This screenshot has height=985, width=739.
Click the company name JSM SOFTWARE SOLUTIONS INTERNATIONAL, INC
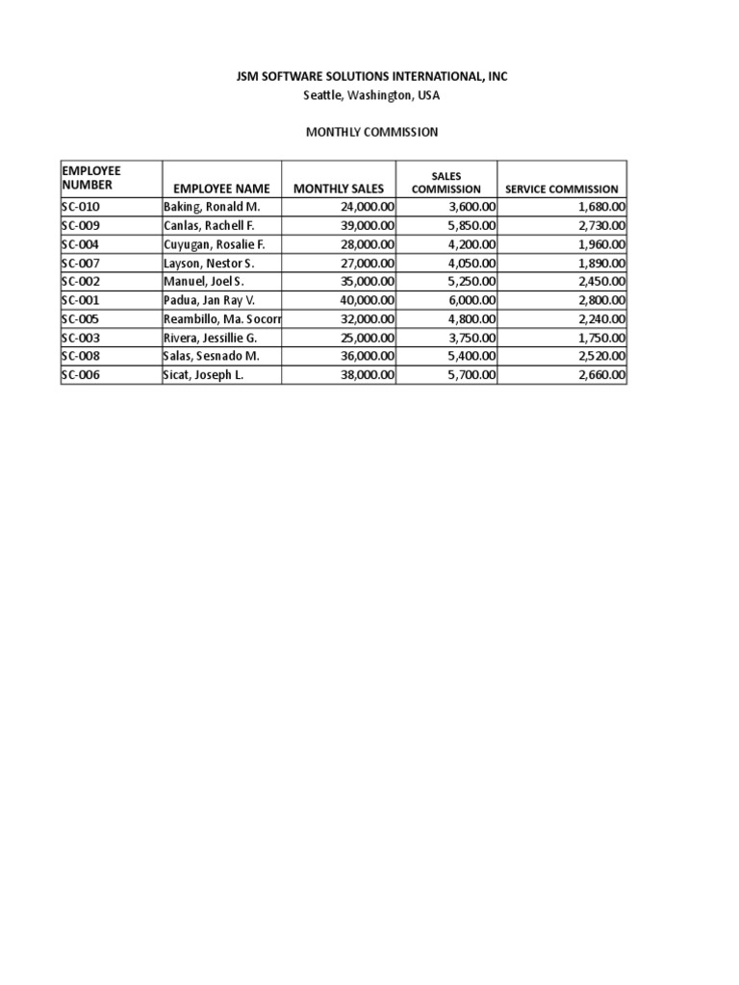pos(370,77)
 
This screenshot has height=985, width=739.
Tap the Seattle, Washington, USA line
pos(370,95)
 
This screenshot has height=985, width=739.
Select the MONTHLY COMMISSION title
pos(370,132)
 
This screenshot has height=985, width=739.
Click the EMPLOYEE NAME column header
pos(222,189)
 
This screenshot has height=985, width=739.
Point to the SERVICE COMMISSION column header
pos(562,189)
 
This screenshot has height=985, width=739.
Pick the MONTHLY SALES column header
pos(338,189)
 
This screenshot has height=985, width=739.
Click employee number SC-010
pos(81,207)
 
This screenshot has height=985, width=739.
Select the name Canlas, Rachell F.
pos(209,225)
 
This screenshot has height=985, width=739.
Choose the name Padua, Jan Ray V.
pos(209,300)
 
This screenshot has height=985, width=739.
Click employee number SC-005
pos(81,319)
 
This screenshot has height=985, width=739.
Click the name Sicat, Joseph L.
pos(204,375)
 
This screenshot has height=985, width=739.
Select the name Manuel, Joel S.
pos(204,282)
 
